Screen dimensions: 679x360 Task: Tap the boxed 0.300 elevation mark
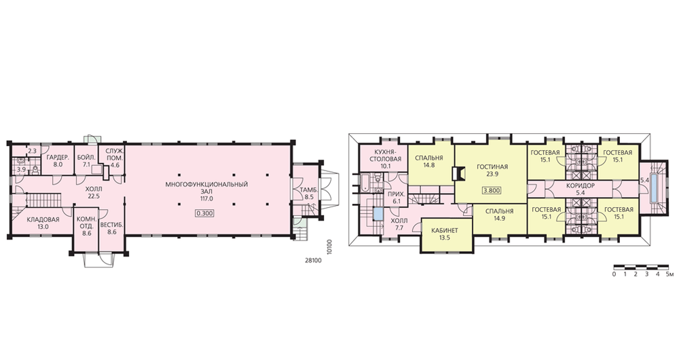(x=206, y=213)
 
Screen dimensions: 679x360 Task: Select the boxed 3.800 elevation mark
(x=492, y=190)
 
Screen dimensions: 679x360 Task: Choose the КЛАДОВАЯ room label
(x=43, y=219)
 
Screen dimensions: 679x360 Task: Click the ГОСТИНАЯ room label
(x=492, y=167)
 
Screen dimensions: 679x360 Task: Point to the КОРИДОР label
(x=581, y=185)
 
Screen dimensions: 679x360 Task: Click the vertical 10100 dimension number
(x=330, y=246)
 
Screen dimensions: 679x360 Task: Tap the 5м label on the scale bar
(x=669, y=274)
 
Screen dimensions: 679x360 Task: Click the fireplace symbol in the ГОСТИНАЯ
(x=458, y=173)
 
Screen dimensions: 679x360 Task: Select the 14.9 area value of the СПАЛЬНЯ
(x=499, y=218)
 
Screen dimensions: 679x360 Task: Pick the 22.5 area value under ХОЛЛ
(x=94, y=196)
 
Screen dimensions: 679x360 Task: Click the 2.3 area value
(x=32, y=151)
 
